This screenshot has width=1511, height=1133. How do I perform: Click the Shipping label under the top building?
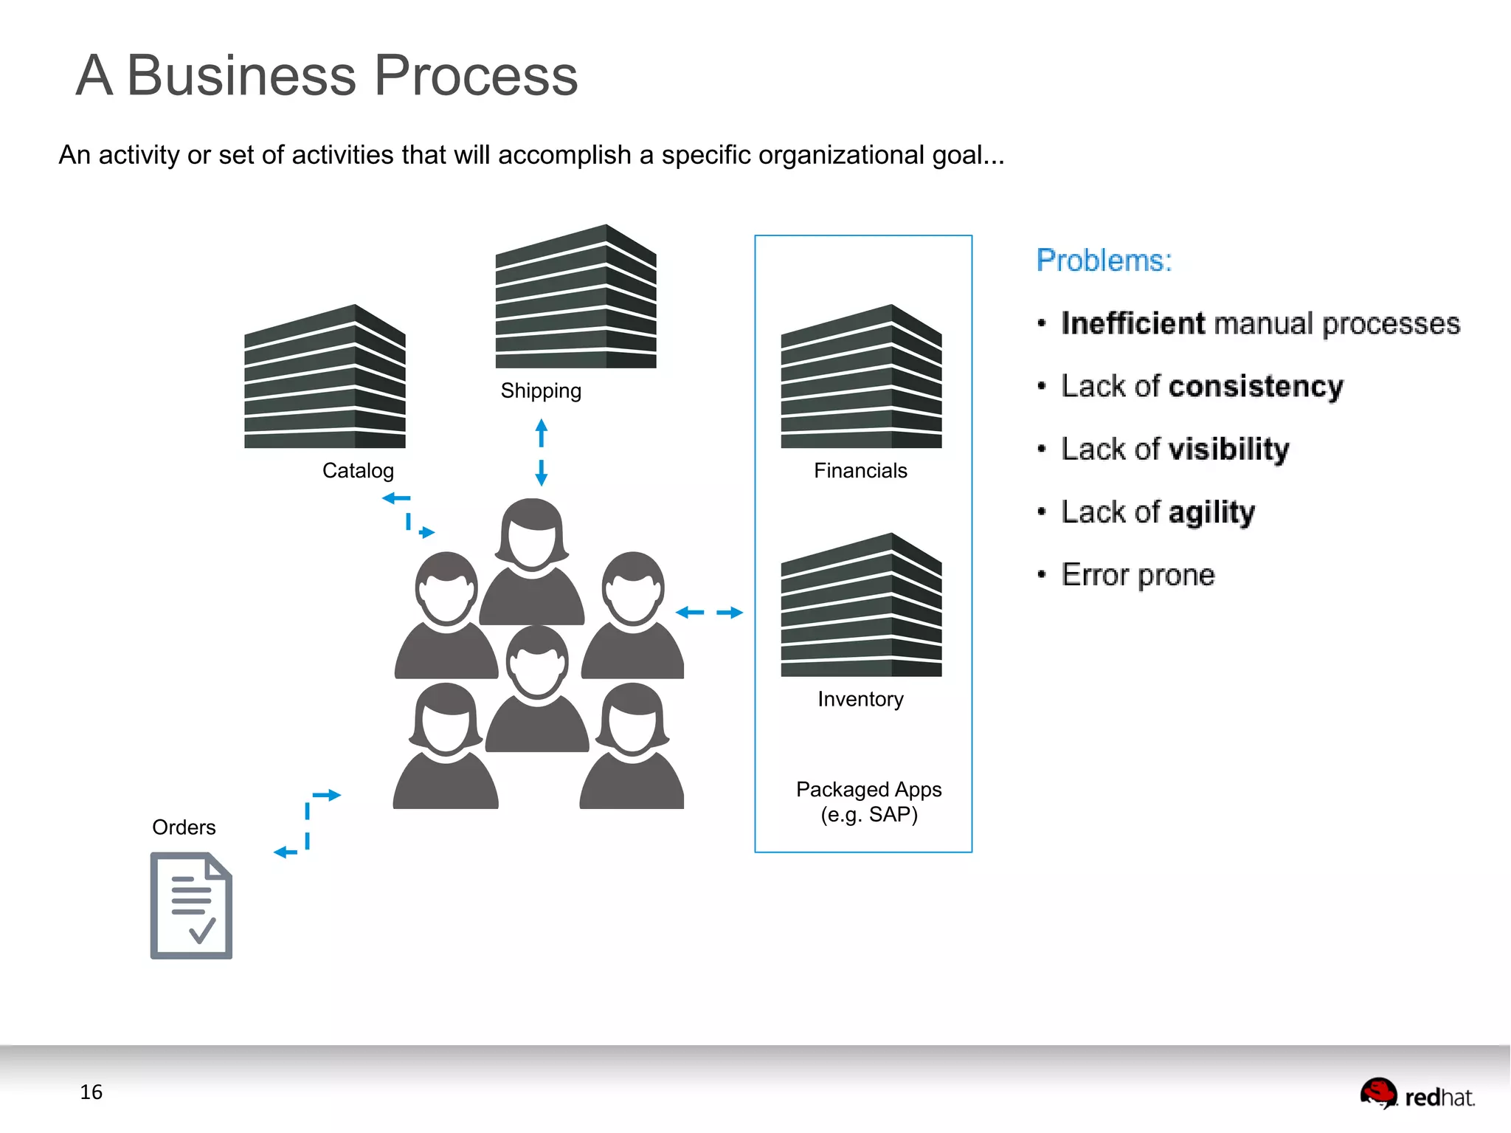[541, 390]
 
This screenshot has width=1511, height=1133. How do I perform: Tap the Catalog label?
[358, 470]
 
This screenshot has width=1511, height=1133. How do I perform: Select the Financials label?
[860, 470]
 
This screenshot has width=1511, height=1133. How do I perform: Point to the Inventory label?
[860, 698]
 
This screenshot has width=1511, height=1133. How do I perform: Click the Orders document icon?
[191, 905]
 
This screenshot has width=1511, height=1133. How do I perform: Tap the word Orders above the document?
[184, 827]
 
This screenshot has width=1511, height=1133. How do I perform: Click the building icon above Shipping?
[575, 297]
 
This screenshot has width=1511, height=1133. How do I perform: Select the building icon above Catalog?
[325, 376]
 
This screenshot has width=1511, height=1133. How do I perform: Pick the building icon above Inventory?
[861, 605]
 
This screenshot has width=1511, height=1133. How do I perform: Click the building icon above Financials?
[861, 376]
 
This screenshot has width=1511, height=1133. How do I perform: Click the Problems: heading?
[1104, 261]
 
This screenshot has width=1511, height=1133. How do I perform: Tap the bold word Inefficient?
[1133, 323]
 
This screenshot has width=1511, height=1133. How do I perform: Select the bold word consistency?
[1256, 386]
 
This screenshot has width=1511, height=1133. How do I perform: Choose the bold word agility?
[1211, 512]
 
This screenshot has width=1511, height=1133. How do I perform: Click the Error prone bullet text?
[1138, 574]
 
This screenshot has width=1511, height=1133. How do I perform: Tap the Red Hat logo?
[1417, 1094]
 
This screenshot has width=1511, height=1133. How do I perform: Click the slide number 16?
[91, 1092]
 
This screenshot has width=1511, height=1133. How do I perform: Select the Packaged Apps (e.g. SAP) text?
[868, 802]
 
